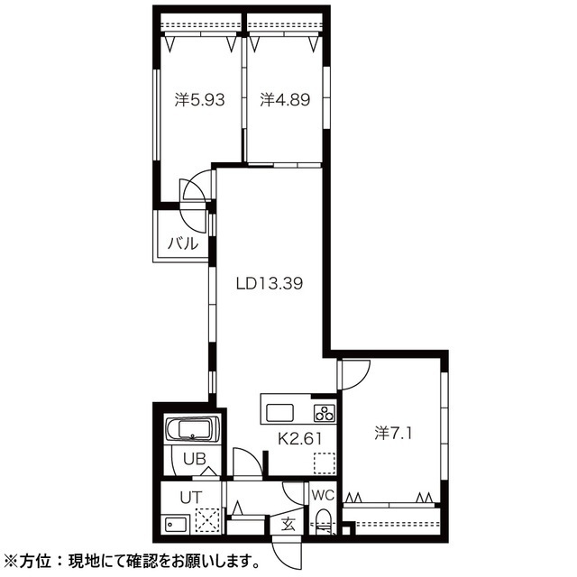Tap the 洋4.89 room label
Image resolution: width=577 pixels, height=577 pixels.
pyautogui.click(x=285, y=101)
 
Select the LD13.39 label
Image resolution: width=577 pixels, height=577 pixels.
pyautogui.click(x=269, y=283)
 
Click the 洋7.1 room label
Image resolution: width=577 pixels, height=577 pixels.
pyautogui.click(x=393, y=434)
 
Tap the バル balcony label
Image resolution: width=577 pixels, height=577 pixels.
pyautogui.click(x=183, y=242)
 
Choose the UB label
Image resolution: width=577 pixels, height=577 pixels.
pyautogui.click(x=195, y=459)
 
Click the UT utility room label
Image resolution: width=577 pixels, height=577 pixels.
pyautogui.click(x=189, y=495)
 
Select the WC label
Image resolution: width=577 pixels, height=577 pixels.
pyautogui.click(x=323, y=494)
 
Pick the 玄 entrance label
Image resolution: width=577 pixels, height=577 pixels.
pyautogui.click(x=288, y=523)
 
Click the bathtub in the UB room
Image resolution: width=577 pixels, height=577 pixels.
pyautogui.click(x=190, y=431)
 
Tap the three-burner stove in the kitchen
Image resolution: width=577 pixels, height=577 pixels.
pyautogui.click(x=324, y=414)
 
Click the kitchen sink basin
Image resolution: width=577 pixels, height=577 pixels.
pyautogui.click(x=279, y=414)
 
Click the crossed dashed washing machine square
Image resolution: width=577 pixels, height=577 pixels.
pyautogui.click(x=208, y=522)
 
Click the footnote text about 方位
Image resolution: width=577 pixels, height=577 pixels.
pyautogui.click(x=135, y=559)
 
